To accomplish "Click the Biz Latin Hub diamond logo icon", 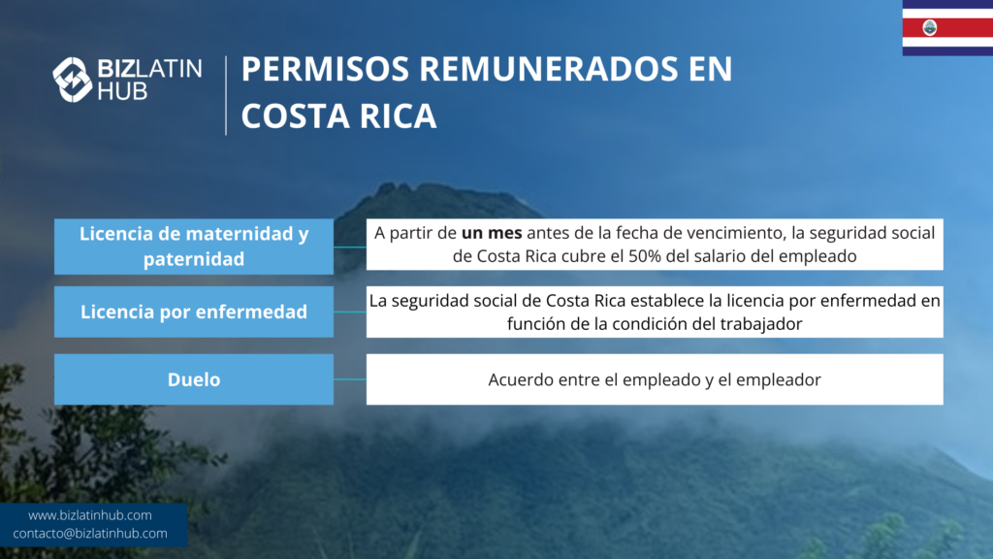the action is (72, 80).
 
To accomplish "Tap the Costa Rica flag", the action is (947, 28).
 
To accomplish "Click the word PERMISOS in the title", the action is (325, 69).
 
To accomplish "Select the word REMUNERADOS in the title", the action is (549, 69).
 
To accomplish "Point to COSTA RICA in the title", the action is (338, 116).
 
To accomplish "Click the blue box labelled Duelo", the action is (194, 379).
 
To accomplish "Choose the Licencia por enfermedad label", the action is (194, 312).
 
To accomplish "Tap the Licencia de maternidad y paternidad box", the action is (194, 247).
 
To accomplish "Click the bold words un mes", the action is (492, 233).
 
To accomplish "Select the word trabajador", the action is (760, 324).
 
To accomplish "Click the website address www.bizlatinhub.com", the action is (90, 515).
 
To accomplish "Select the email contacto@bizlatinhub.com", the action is (90, 534).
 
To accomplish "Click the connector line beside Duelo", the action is (349, 379).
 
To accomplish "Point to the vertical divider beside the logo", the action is (226, 95).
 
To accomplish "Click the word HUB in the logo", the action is (122, 91).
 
